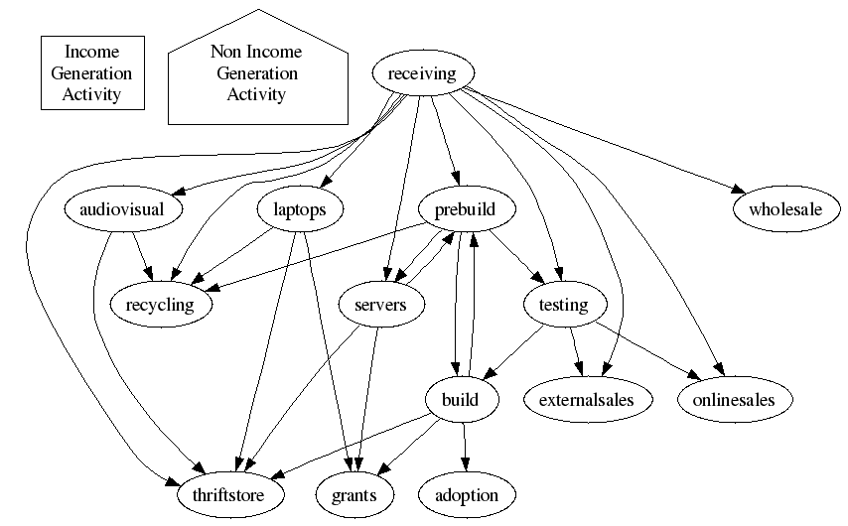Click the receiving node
pyautogui.click(x=422, y=74)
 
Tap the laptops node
pyautogui.click(x=299, y=209)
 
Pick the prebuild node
pyautogui.click(x=465, y=209)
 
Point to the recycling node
pyautogui.click(x=168, y=305)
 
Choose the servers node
pyautogui.click(x=380, y=305)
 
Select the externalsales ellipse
pyautogui.click(x=586, y=400)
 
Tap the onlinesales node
pyautogui.click(x=736, y=400)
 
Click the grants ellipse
pyautogui.click(x=353, y=494)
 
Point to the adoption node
pyautogui.click(x=467, y=494)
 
